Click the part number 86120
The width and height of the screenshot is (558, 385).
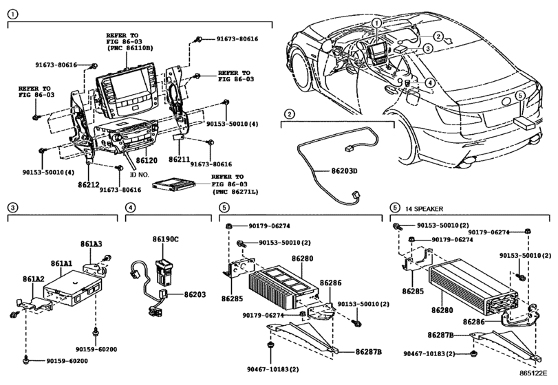coord(147,159)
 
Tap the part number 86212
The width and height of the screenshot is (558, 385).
coord(89,185)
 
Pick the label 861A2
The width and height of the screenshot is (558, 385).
coord(34,278)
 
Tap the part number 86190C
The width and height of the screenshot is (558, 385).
coord(165,239)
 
